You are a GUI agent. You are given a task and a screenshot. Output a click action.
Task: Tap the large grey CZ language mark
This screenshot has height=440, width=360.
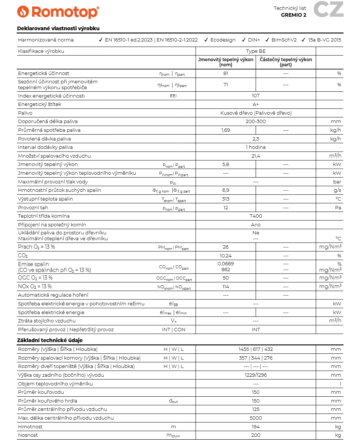(x=328, y=9)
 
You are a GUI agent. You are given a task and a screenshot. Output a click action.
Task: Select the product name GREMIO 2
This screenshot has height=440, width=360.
(x=293, y=15)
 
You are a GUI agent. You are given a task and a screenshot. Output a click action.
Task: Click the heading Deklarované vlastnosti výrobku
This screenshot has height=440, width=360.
(x=58, y=28)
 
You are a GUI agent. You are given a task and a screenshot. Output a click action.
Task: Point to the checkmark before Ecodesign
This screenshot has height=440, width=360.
(x=206, y=40)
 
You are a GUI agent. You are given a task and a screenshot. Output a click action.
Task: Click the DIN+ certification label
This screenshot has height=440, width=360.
(x=253, y=40)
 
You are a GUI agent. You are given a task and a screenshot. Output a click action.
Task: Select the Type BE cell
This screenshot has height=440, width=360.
(x=256, y=51)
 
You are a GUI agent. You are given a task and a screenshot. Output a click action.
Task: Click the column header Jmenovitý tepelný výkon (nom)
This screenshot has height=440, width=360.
(x=225, y=62)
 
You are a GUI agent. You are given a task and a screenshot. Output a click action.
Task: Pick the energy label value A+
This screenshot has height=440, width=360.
(x=256, y=104)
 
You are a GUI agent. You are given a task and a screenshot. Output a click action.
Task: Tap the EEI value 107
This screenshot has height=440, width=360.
(x=256, y=96)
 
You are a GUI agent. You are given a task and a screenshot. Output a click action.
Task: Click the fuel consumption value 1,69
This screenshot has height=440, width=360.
(x=225, y=130)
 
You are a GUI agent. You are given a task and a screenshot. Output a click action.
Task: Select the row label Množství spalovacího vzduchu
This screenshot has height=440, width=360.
(x=54, y=156)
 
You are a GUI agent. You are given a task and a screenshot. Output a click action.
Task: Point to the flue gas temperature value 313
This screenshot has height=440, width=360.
(x=225, y=199)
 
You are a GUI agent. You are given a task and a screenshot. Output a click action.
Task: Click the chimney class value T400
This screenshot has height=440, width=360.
(x=256, y=216)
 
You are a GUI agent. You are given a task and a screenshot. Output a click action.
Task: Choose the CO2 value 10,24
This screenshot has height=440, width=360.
(x=225, y=256)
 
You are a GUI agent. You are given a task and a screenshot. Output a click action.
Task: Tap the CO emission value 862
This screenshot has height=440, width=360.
(x=225, y=270)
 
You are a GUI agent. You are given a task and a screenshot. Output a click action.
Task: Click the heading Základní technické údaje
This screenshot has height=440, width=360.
(x=50, y=340)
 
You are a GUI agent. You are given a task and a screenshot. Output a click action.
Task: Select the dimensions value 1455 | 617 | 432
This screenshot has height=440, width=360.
(x=256, y=349)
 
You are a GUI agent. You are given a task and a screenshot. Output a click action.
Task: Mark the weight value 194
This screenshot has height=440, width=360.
(x=256, y=427)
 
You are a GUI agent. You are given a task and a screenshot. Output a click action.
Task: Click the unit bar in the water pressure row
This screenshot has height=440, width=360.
(x=337, y=182)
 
